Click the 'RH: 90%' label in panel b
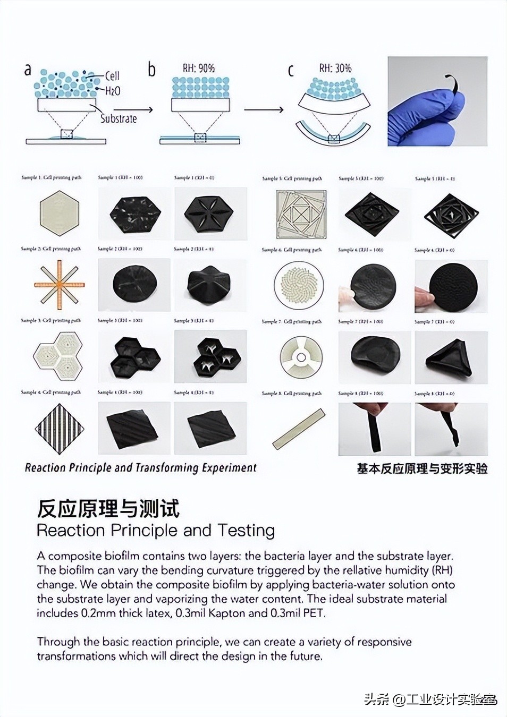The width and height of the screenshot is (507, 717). (x=199, y=68)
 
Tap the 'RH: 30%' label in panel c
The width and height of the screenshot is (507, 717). (x=335, y=68)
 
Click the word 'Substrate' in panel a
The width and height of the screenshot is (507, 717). (x=119, y=118)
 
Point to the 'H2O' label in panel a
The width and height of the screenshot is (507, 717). (x=113, y=91)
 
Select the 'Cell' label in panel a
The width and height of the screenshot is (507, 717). (x=112, y=76)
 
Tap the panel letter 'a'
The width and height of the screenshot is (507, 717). (x=28, y=70)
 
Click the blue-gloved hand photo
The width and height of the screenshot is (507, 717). (x=437, y=101)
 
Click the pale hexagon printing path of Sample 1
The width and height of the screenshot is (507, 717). (x=59, y=214)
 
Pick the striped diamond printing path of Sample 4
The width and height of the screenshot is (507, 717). (x=59, y=428)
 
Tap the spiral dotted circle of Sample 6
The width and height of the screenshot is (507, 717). (x=298, y=286)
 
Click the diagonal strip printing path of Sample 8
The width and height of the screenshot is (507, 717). (x=298, y=429)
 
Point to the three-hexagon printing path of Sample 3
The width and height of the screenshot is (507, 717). (x=58, y=356)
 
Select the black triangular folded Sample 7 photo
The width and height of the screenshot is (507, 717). (x=451, y=357)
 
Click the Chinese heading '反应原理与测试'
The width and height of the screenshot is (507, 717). (x=108, y=509)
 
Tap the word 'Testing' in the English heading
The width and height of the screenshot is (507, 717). (x=246, y=530)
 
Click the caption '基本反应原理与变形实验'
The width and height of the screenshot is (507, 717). (x=422, y=468)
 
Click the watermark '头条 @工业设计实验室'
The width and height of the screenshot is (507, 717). (x=430, y=699)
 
